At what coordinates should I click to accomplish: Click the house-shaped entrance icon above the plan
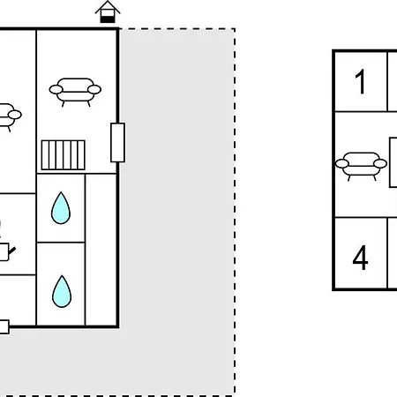[x=108, y=12]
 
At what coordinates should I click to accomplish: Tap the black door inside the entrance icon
[x=108, y=19]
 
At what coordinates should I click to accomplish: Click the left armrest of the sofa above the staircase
[x=56, y=89]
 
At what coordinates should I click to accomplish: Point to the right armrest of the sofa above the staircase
[x=94, y=89]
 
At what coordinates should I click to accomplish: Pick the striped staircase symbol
[x=64, y=155]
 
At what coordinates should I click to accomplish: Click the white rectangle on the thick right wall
[x=117, y=143]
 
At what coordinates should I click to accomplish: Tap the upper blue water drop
[x=61, y=208]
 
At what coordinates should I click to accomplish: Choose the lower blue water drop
[x=62, y=291]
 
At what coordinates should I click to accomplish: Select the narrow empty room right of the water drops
[x=101, y=250]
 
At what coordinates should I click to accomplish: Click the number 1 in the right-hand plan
[x=360, y=82]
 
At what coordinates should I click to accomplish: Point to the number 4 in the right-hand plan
[x=360, y=258]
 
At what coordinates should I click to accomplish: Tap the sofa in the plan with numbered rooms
[x=361, y=167]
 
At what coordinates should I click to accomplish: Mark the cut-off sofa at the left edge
[x=10, y=117]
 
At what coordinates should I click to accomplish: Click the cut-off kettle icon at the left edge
[x=6, y=251]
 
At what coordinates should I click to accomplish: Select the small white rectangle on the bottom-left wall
[x=4, y=326]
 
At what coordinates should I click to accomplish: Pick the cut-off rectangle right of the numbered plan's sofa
[x=393, y=162]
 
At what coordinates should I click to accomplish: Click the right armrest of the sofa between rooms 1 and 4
[x=380, y=163]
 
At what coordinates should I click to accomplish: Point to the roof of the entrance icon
[x=108, y=7]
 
